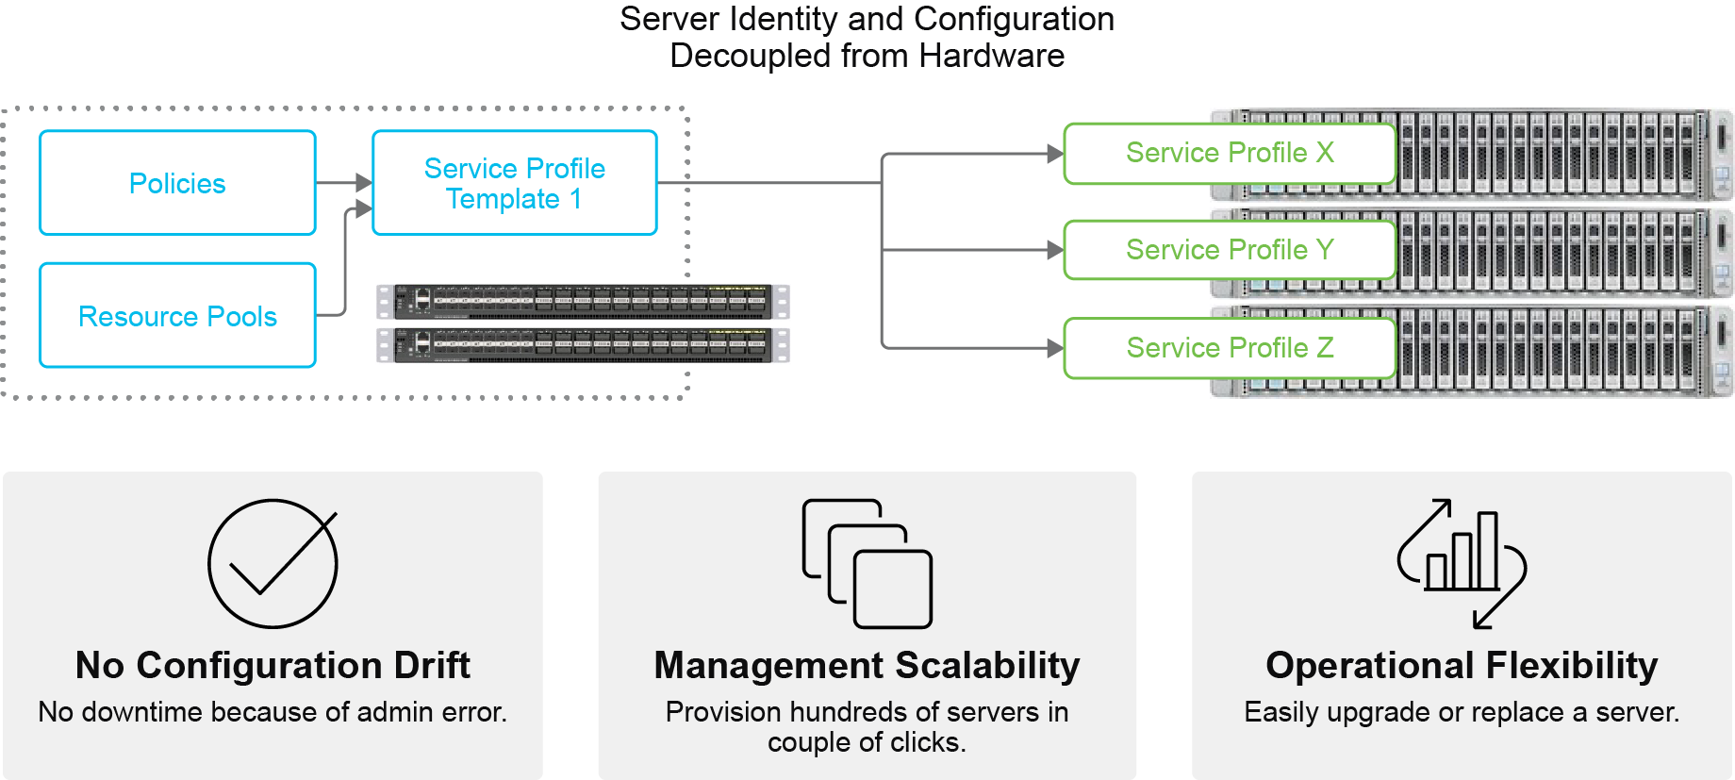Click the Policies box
[x=177, y=183]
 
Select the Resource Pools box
[x=177, y=316]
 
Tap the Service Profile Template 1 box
[x=514, y=183]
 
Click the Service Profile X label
[x=1229, y=153]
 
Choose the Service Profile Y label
[x=1229, y=250]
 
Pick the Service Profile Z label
[x=1229, y=348]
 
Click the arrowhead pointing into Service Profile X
[x=1055, y=154]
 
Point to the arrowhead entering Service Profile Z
[x=1055, y=348]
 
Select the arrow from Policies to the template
[x=344, y=182]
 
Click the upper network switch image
[x=583, y=302]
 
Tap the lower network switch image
[x=583, y=345]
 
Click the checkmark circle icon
[x=273, y=564]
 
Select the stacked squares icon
[x=867, y=564]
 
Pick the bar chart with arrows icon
[x=1462, y=563]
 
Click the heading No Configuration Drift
[x=273, y=665]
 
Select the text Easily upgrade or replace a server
[x=1462, y=712]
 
